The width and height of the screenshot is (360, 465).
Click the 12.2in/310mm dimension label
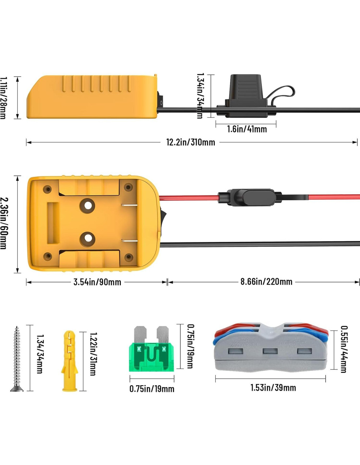(190, 142)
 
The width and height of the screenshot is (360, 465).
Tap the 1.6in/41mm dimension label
(247, 129)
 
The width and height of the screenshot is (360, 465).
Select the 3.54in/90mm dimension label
(97, 282)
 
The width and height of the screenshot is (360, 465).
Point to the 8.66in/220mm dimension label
(266, 282)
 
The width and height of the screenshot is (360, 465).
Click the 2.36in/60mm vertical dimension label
(4, 223)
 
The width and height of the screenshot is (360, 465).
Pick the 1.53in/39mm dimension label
(273, 387)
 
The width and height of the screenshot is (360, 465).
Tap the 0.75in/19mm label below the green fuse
(152, 389)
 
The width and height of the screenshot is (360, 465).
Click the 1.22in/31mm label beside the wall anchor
(93, 354)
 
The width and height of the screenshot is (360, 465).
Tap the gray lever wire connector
(270, 349)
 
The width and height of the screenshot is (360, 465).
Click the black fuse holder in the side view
(245, 96)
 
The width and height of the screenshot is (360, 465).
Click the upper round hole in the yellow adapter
(88, 205)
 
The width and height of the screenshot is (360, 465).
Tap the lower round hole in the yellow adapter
(88, 239)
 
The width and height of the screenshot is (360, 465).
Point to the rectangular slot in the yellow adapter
(53, 223)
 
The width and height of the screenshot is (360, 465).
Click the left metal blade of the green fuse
(140, 334)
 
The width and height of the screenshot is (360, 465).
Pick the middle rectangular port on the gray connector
(270, 351)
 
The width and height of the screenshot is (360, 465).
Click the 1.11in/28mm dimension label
(3, 98)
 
